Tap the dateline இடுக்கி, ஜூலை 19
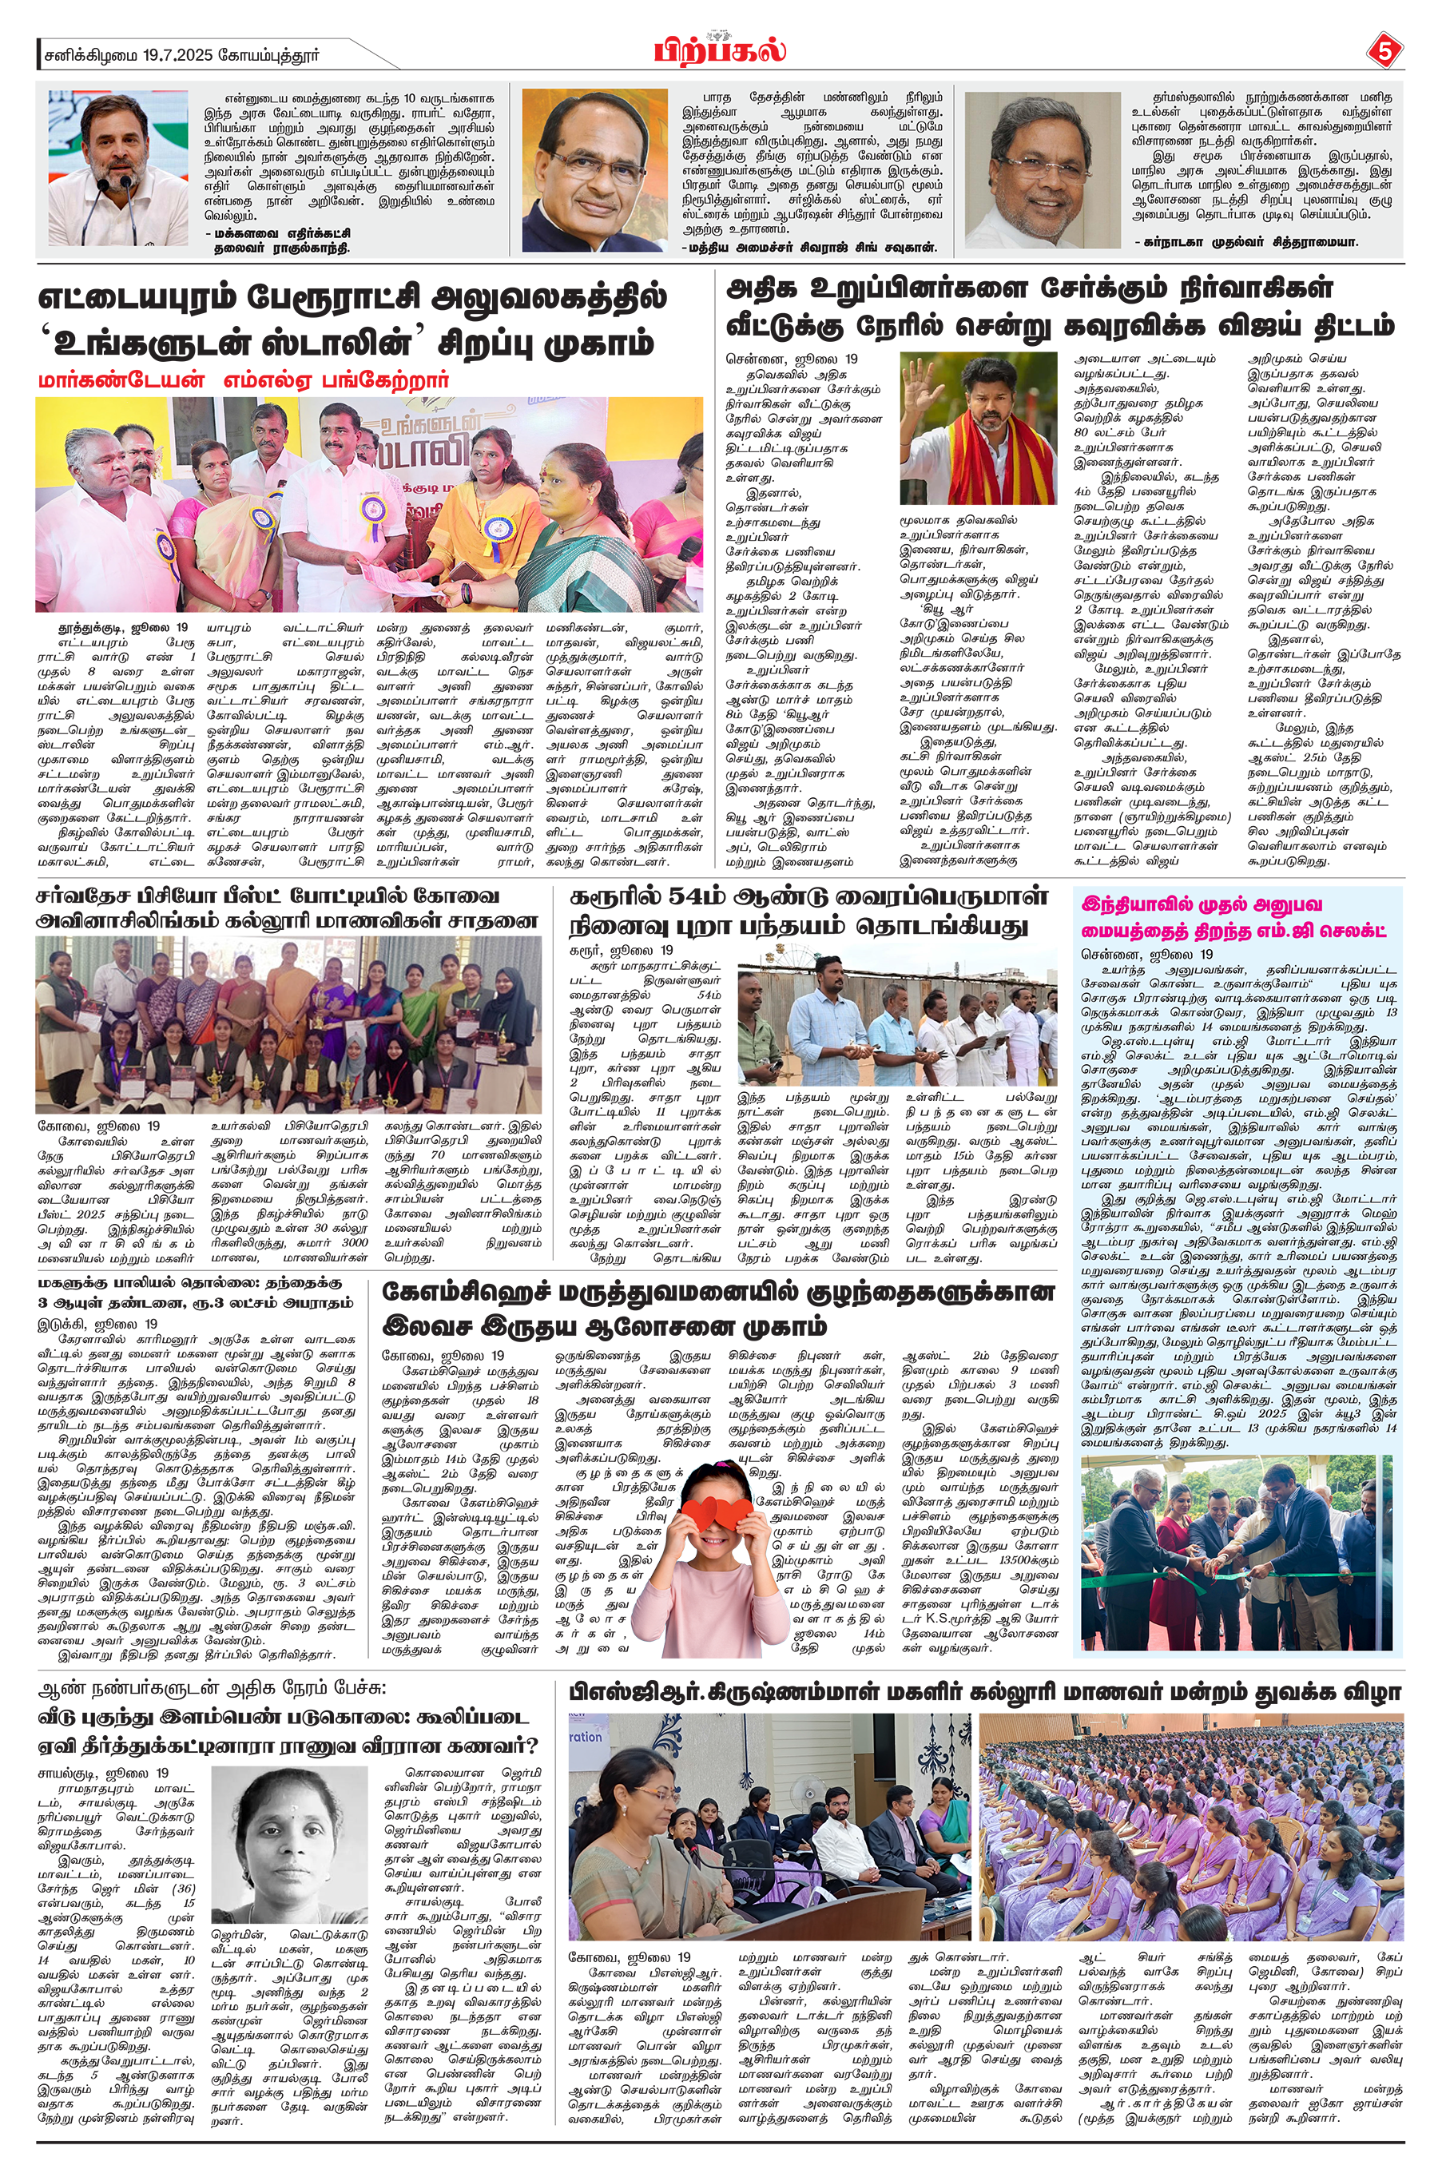tap(97, 1324)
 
